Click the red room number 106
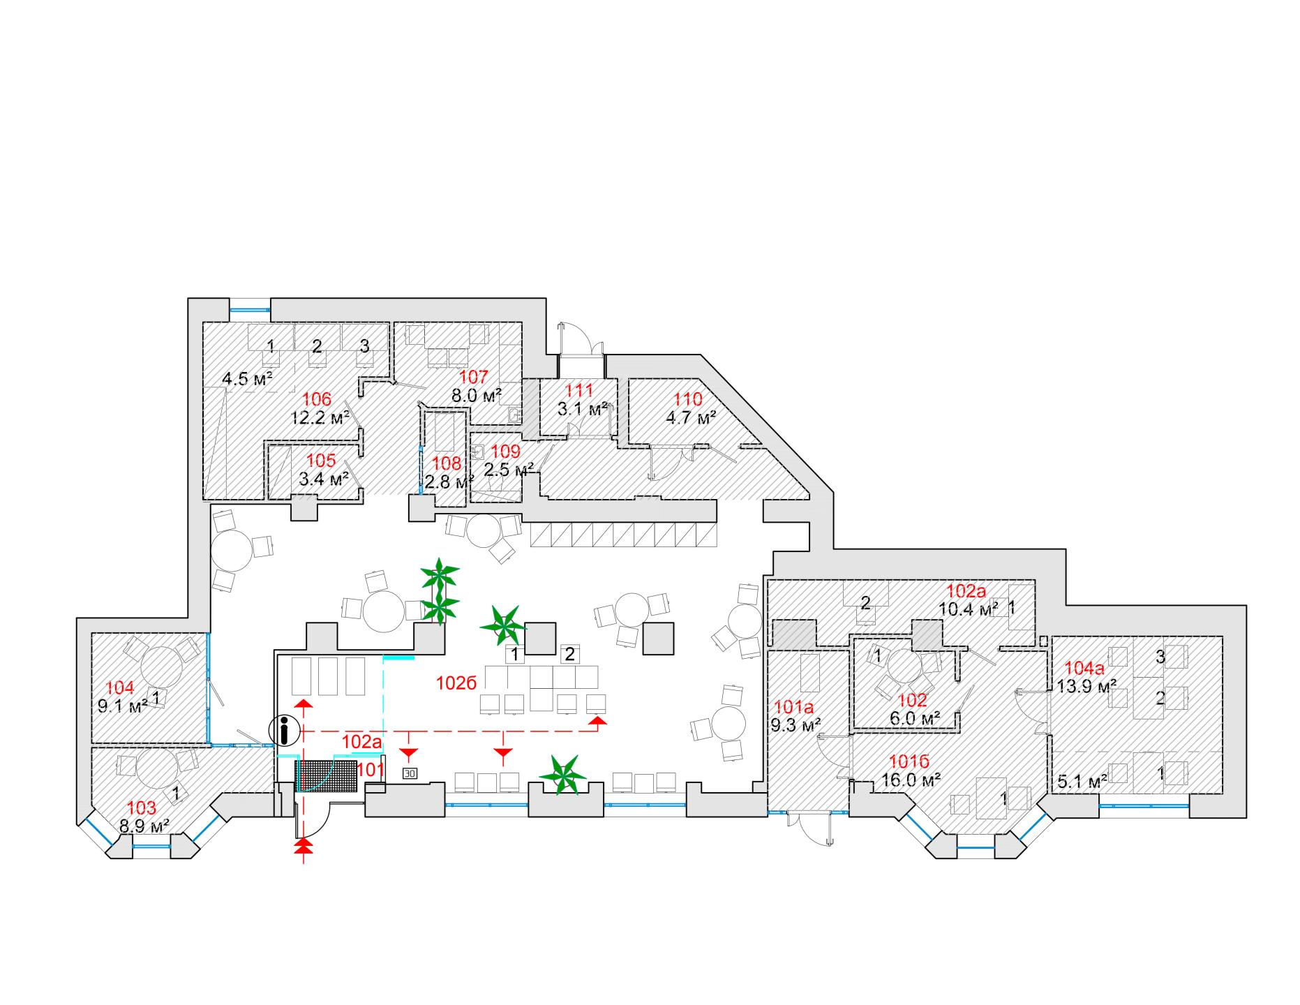317,400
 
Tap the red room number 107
474,378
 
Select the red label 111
578,391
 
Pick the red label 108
447,463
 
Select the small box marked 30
410,773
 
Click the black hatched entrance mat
326,775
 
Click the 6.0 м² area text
913,718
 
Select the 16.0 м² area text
912,779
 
